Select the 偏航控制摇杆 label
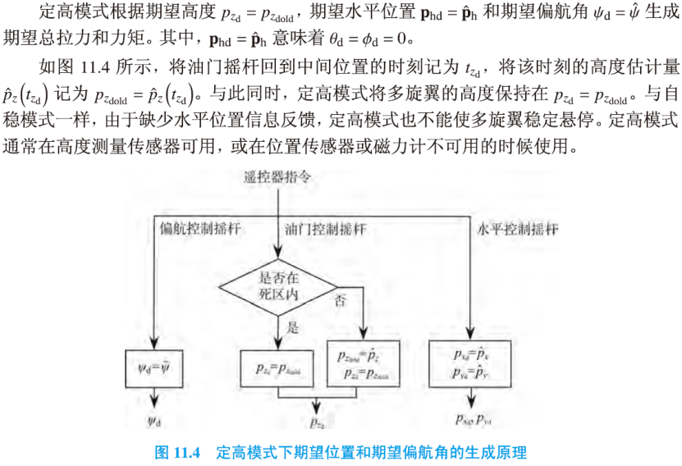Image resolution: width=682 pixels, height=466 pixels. (190, 228)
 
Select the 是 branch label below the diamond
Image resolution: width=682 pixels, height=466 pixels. (292, 327)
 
